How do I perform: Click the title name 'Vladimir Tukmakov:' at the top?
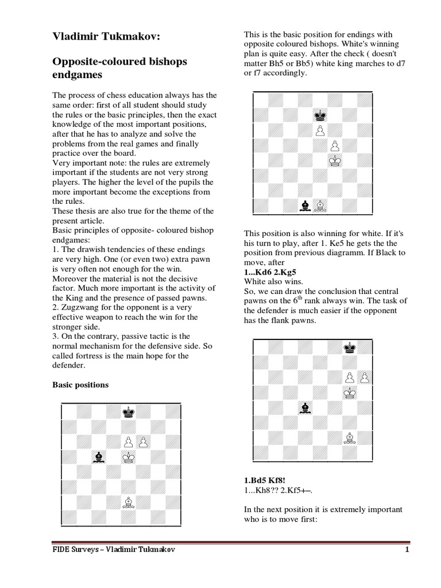pos(106,37)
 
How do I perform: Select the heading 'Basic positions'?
pos(80,385)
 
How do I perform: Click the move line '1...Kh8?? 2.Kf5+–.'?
pos(273,490)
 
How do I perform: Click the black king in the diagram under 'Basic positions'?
pos(128,412)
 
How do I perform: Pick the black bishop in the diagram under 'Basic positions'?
pos(99,457)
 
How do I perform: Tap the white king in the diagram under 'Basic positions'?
pos(128,457)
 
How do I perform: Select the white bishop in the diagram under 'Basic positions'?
pos(128,502)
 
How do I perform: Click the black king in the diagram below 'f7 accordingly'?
pos(320,115)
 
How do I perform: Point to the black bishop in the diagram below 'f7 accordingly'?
pos(304,204)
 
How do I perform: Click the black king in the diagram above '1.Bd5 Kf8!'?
pos(349,346)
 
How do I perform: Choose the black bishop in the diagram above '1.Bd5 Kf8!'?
pos(304,408)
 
